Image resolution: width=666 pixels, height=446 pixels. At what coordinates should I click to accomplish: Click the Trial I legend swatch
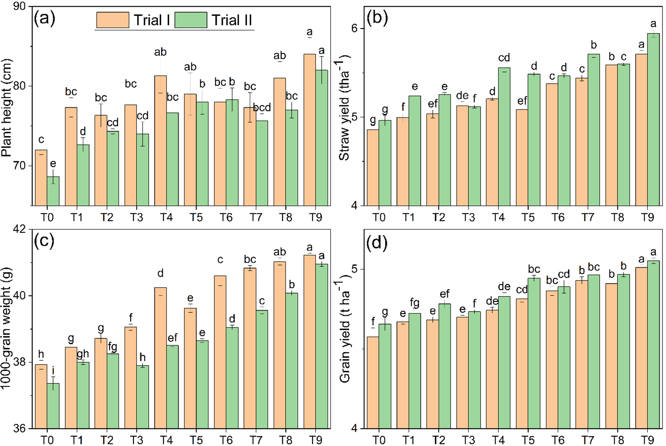coord(113,20)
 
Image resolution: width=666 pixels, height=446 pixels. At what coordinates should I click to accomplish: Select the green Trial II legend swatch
coord(191,20)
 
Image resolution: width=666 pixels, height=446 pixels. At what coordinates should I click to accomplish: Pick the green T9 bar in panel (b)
coord(653,120)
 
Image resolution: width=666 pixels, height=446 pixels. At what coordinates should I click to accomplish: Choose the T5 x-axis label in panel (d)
coord(528,440)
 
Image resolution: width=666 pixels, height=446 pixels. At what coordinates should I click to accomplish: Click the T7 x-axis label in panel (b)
coord(587,217)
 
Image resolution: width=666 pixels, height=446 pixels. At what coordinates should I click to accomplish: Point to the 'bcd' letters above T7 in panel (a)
coord(262,108)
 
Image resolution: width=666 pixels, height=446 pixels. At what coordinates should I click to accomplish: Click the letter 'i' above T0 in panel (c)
coord(53,370)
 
